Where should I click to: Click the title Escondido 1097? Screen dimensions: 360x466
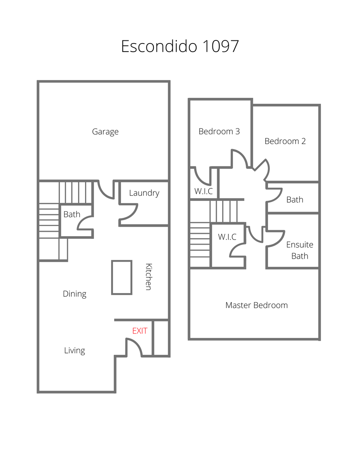[x=180, y=46]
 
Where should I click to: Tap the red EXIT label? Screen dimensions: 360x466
[x=140, y=331]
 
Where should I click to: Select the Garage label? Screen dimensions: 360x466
[x=105, y=132]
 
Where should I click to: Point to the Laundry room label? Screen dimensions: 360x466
[x=144, y=193]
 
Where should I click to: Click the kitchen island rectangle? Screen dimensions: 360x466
[x=122, y=277]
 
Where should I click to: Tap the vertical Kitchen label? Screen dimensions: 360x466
[x=149, y=276]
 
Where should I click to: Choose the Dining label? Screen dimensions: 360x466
[x=75, y=294]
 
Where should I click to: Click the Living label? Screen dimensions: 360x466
[x=75, y=350]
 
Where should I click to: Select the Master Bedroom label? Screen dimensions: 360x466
[x=256, y=305]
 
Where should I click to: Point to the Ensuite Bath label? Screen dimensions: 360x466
[x=299, y=250]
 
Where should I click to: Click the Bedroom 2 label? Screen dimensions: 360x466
[x=285, y=141]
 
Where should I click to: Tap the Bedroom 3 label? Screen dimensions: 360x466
[x=219, y=131]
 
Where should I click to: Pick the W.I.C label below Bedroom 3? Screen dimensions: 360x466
[x=203, y=191]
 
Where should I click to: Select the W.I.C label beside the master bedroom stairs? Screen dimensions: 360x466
[x=227, y=237]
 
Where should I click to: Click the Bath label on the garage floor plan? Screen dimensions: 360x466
[x=72, y=214]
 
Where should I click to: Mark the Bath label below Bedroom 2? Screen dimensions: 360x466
[x=295, y=200]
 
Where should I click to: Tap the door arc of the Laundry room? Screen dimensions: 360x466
[x=133, y=215]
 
